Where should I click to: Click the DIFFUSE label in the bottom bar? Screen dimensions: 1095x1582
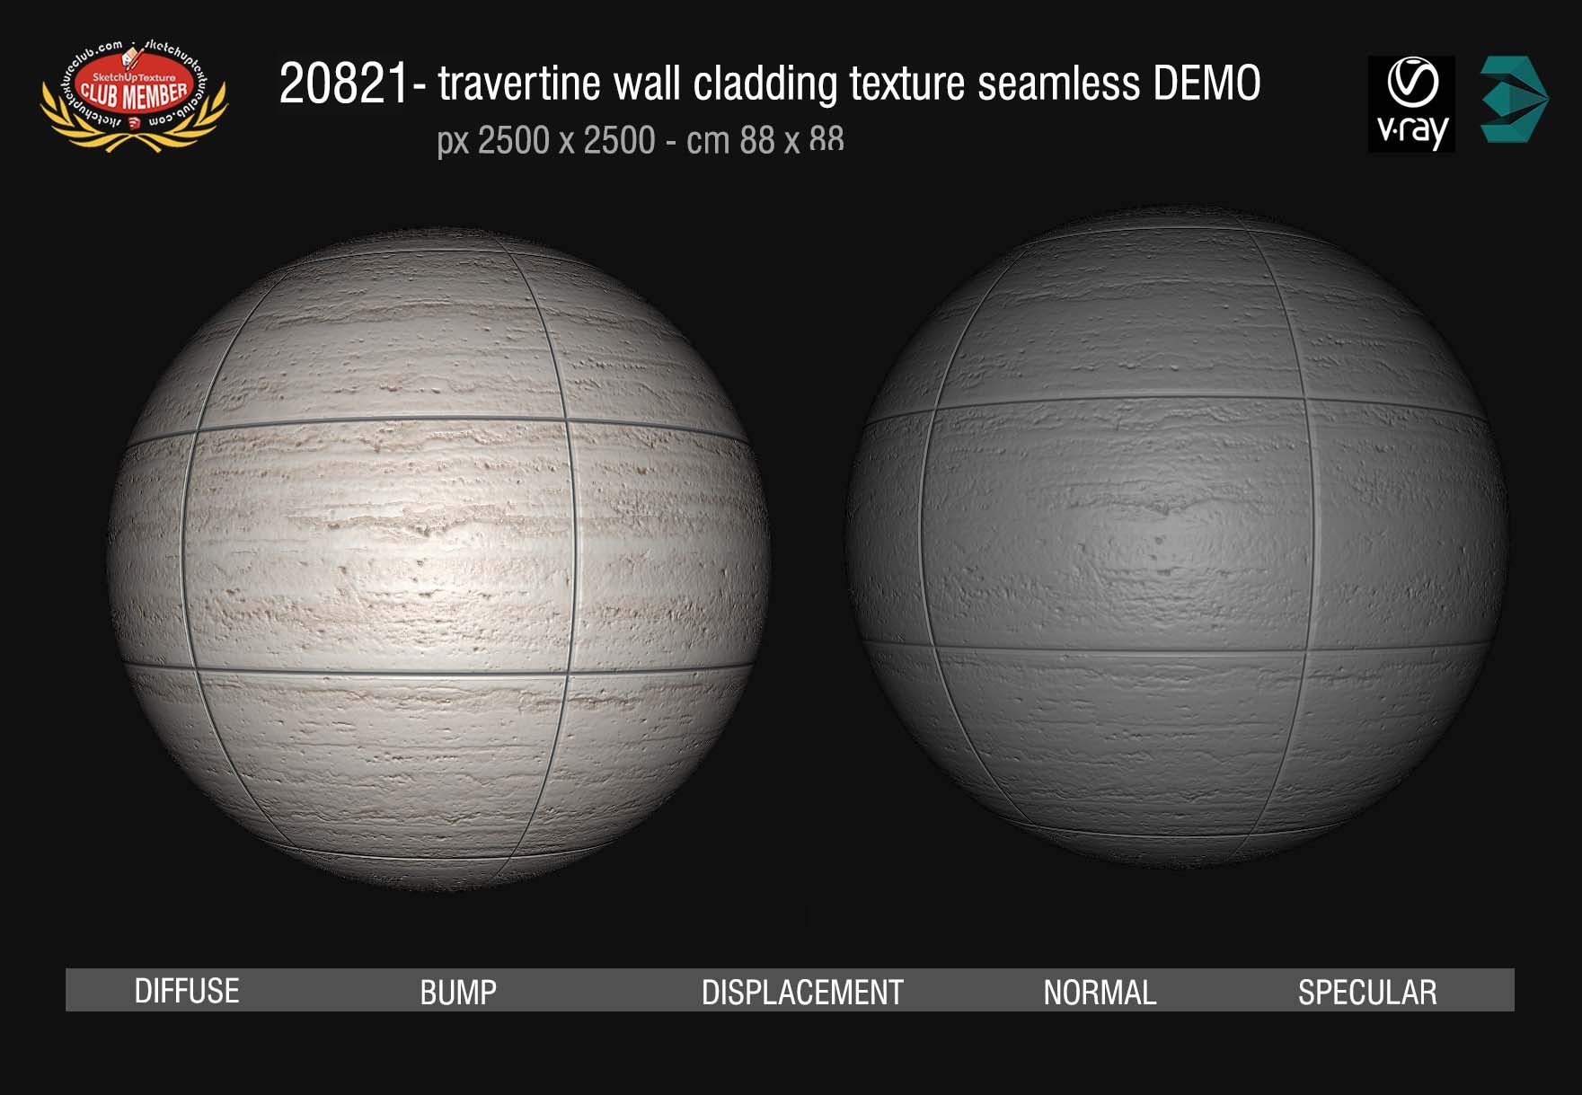(x=187, y=991)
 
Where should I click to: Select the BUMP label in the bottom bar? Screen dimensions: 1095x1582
(x=458, y=992)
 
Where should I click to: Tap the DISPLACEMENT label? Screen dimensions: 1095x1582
(x=802, y=992)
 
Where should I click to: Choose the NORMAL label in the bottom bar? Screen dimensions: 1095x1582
(x=1100, y=992)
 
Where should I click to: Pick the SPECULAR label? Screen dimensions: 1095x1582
(x=1367, y=992)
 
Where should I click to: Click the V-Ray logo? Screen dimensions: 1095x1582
(x=1411, y=103)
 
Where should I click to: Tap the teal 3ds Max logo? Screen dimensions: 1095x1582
(x=1514, y=100)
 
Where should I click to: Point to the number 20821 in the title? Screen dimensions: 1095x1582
(x=344, y=85)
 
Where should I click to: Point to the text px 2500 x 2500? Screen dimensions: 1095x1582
(x=546, y=141)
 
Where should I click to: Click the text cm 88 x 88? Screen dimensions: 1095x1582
(x=764, y=141)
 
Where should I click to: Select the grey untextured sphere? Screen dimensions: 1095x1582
(x=1177, y=539)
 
